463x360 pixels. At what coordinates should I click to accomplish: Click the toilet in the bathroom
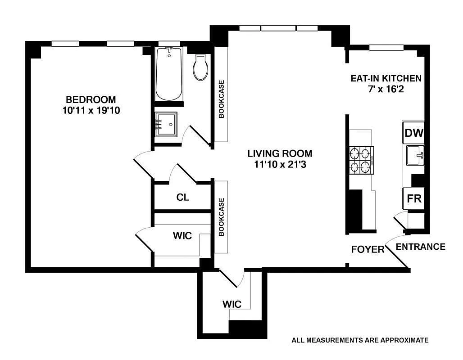[200, 67]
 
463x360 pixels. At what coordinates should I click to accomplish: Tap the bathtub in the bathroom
[168, 74]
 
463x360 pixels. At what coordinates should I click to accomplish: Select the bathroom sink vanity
[166, 124]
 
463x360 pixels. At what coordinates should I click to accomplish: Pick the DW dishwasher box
[414, 133]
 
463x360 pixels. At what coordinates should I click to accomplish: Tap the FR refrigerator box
[414, 198]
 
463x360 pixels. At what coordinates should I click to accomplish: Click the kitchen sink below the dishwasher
[415, 155]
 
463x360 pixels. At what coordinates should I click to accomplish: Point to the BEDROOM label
[91, 99]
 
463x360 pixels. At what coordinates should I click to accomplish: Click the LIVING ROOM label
[280, 153]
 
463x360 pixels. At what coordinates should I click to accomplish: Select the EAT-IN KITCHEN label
[386, 78]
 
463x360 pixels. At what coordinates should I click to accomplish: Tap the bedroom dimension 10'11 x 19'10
[91, 111]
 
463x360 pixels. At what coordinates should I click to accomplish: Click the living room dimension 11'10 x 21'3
[280, 165]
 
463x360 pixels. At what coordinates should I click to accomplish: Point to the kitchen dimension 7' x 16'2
[386, 89]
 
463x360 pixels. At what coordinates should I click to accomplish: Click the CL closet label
[182, 197]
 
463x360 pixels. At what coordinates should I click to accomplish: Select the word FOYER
[368, 250]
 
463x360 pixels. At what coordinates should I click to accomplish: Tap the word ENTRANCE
[421, 247]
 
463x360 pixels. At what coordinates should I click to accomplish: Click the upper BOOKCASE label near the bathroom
[222, 99]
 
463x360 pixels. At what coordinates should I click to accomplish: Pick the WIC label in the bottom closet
[232, 304]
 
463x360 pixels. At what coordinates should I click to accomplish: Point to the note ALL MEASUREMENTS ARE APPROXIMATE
[360, 340]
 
